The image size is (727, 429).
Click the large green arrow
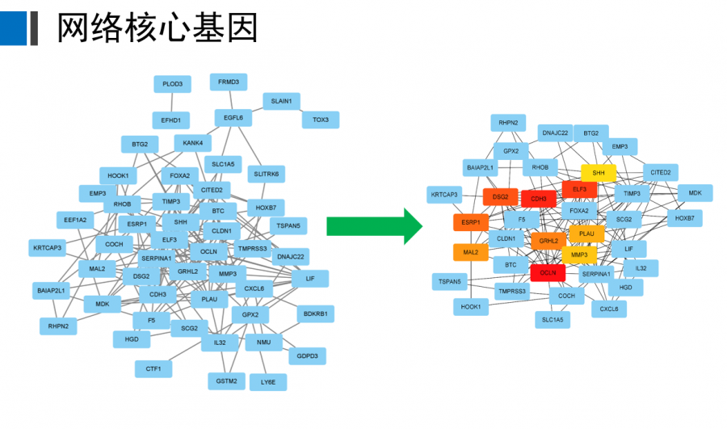373,225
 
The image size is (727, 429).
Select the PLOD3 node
172,84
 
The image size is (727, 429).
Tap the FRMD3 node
229,82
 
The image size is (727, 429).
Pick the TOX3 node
321,120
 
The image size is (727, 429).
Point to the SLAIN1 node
281,101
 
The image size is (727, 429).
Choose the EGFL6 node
233,118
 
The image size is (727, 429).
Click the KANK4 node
192,143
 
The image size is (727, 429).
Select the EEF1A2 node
75,219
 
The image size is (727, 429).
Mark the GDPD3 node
308,355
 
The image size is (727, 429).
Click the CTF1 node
153,369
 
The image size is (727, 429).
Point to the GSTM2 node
226,380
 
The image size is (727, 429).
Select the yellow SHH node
599,173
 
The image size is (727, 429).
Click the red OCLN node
548,273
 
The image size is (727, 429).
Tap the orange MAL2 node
470,253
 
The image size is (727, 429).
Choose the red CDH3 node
539,199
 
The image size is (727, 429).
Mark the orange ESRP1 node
470,221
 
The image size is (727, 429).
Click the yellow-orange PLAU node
586,233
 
